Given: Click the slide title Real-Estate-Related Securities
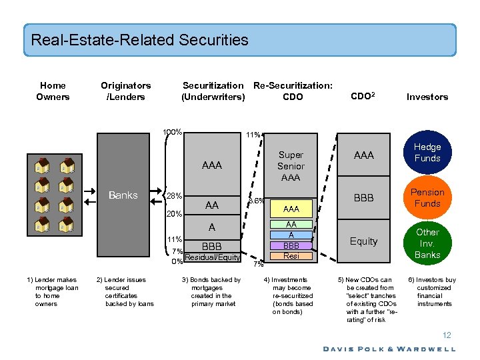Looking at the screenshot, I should pos(139,40).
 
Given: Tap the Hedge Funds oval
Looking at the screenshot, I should pos(427,153).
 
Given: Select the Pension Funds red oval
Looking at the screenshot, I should pos(427,198).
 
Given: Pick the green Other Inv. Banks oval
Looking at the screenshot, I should pos(427,243).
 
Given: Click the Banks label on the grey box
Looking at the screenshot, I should pos(123,195).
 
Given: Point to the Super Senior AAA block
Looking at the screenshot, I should pos(291,166).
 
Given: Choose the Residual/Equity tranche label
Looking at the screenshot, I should pos(213,257).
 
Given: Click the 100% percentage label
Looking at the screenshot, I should pos(173,132).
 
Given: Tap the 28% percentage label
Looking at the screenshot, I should pos(175,196).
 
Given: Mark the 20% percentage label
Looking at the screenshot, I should pos(175,214).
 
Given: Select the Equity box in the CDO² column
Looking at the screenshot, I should pos(363,241).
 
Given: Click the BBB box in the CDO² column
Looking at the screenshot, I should pos(363,198).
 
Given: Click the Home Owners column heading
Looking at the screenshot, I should pos(53,91).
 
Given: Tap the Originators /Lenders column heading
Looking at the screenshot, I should pos(125,91).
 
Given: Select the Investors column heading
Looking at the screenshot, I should pos(427,97).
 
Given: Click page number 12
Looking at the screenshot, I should pos(447,335).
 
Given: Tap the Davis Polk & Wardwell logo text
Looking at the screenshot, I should pos(389,349).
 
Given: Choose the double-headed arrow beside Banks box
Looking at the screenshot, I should pos(159,195).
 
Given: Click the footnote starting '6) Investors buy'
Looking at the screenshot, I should pos(432,291).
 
